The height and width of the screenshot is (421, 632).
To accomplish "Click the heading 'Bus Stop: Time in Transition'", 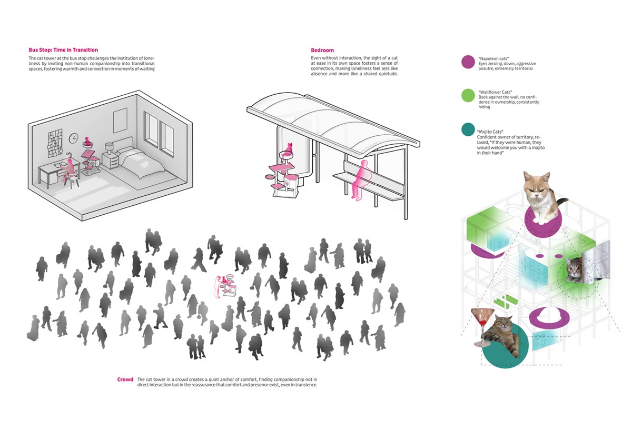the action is [63, 50].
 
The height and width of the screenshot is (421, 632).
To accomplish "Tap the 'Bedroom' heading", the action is [322, 50].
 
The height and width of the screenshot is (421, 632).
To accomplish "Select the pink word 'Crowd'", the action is [125, 379].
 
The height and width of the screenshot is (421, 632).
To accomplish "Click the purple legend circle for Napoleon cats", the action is [468, 62].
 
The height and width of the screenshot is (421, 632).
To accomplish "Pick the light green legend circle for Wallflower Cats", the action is [468, 95].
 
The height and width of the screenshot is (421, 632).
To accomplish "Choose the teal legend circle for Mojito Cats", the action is [468, 129].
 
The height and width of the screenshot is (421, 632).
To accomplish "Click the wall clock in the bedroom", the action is [74, 138].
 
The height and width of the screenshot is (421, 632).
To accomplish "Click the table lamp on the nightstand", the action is [109, 148].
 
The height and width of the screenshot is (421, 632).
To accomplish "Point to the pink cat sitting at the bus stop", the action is [289, 148].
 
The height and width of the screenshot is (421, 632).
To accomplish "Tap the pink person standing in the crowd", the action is [218, 287].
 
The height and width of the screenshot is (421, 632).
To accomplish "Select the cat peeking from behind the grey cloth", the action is [574, 270].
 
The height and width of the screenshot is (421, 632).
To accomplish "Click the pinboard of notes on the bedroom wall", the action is [55, 143].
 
